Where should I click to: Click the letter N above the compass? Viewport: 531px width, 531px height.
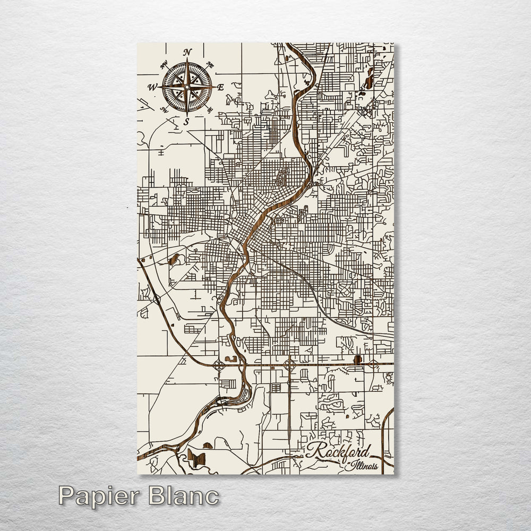click(187, 52)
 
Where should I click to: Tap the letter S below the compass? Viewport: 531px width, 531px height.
click(186, 122)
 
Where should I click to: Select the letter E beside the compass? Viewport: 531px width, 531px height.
click(220, 88)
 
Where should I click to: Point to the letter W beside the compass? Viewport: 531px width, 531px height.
click(152, 87)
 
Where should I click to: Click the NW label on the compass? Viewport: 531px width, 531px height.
click(164, 65)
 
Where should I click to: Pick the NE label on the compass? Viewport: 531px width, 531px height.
click(210, 65)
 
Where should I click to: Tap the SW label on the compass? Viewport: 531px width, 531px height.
click(164, 109)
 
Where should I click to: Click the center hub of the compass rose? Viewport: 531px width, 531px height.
click(187, 87)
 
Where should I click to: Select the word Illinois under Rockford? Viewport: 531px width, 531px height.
click(362, 466)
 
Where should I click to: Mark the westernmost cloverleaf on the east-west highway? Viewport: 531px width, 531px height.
click(219, 365)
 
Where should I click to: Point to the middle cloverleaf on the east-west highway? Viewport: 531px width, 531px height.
click(289, 365)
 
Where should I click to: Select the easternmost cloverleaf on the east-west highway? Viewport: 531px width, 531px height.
click(373, 364)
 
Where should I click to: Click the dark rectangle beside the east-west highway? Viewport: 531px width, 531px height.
click(357, 359)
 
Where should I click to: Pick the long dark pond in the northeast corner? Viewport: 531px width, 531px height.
click(369, 81)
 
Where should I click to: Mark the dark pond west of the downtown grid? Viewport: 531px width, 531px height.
click(173, 260)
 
